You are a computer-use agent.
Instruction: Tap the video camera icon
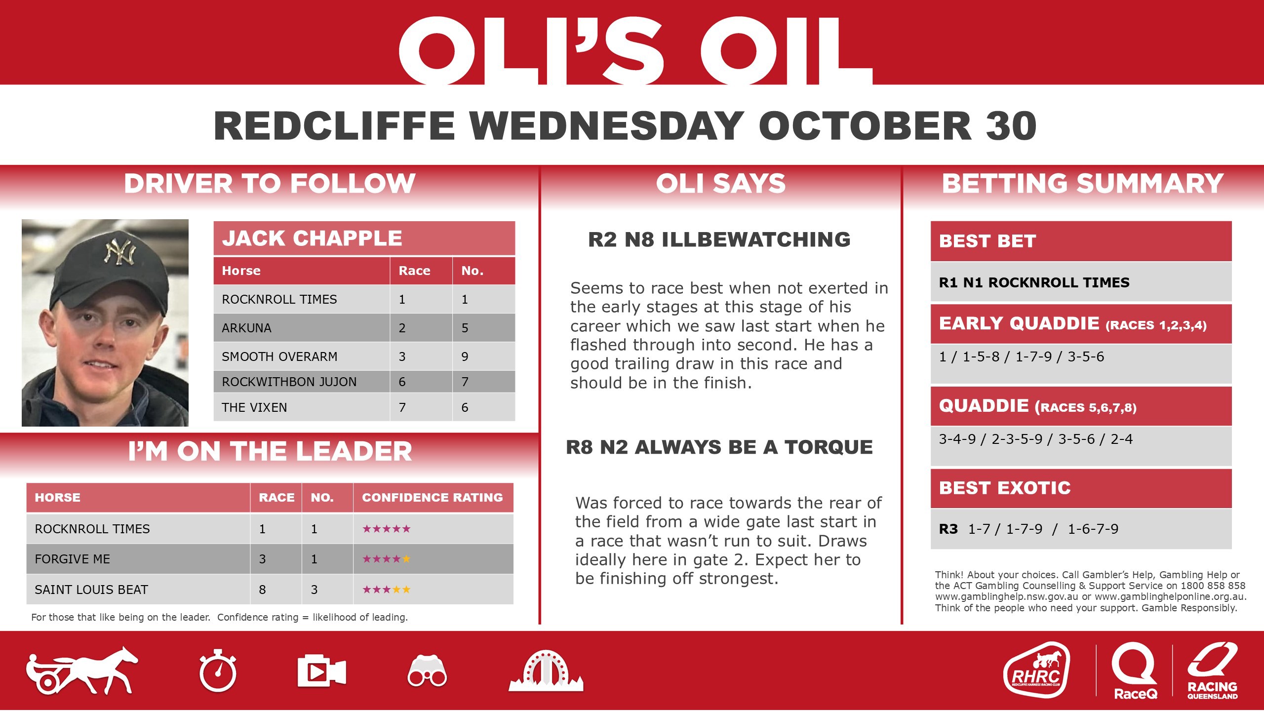(321, 671)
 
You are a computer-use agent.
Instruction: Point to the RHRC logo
(1036, 670)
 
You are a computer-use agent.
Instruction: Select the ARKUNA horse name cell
(247, 328)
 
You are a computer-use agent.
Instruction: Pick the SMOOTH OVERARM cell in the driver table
(279, 356)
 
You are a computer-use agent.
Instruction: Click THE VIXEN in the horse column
(254, 407)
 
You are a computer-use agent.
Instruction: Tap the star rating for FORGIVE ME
(386, 559)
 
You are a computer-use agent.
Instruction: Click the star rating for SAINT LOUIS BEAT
(386, 590)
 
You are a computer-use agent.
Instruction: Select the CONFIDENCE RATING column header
(433, 497)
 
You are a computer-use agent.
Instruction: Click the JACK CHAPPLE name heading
(312, 238)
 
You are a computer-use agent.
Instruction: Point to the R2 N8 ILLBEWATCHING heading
(719, 239)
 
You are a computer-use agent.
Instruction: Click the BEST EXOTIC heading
(1005, 488)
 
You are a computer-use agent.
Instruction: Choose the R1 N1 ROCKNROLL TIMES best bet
(1034, 282)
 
